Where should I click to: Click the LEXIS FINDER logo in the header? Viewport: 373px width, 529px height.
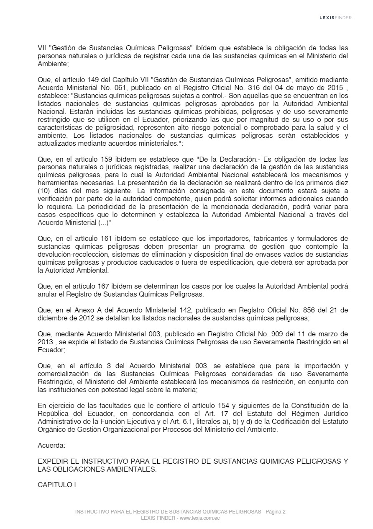click(x=335, y=18)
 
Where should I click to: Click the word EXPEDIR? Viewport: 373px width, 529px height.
click(x=51, y=461)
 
